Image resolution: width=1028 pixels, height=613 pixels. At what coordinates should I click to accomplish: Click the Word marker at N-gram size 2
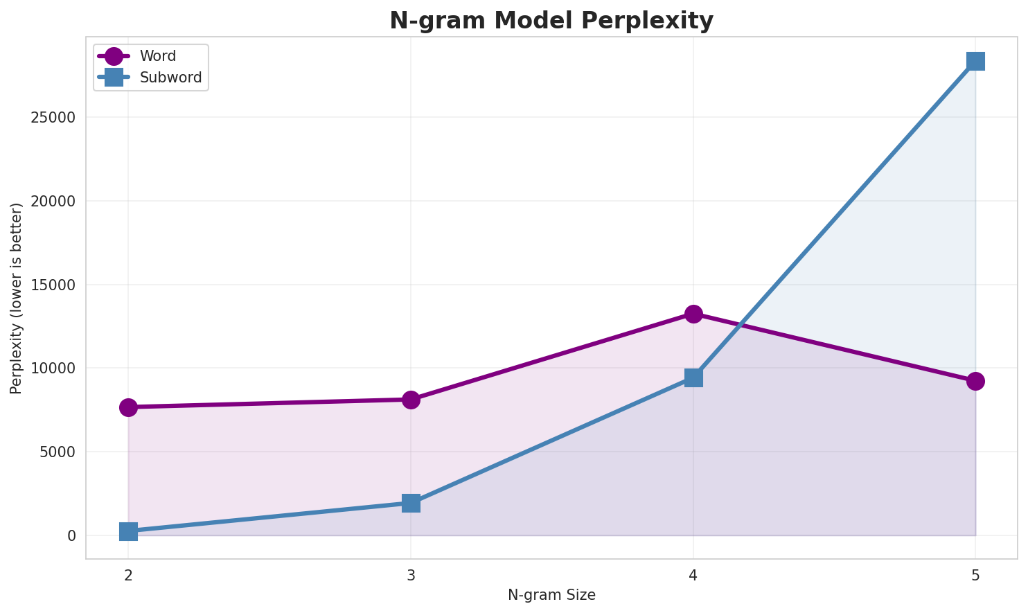coord(128,407)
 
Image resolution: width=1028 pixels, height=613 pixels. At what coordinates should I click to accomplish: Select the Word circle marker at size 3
coord(411,400)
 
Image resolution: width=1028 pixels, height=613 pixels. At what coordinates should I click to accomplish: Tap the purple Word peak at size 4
coord(693,314)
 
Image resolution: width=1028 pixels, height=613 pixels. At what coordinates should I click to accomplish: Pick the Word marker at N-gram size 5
coord(975,381)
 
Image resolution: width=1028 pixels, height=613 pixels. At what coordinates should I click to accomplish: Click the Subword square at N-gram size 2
coord(128,531)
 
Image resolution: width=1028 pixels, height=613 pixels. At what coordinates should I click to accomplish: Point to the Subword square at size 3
coord(411,503)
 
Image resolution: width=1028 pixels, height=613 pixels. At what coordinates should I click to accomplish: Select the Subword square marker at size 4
coord(693,377)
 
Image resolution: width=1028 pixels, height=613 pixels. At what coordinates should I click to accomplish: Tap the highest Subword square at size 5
coord(975,61)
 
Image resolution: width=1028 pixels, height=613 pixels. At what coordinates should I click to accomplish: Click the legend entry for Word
coord(157,56)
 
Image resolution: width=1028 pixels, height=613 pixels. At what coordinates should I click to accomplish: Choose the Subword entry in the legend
coord(170,78)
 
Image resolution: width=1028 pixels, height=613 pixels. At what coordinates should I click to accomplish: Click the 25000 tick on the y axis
coord(53,118)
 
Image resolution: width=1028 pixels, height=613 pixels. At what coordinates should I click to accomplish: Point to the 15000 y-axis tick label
coord(53,285)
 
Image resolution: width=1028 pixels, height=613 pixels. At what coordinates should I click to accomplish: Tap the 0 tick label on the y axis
coord(71,536)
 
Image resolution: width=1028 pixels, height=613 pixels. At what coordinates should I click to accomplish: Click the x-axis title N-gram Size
coord(551,595)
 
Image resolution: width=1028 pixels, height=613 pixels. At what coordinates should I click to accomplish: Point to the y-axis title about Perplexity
coord(17,298)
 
